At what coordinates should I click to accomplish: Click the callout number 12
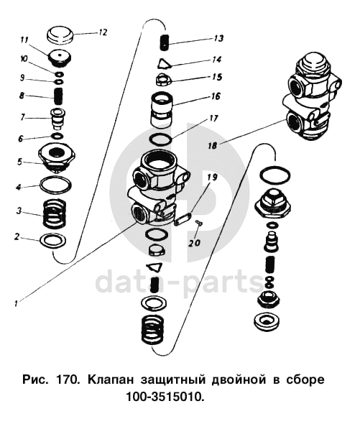[x=103, y=32]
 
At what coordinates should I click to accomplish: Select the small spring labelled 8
[x=58, y=97]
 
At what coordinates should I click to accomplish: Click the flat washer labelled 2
[x=52, y=240]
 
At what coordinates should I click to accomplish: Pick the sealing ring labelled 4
[x=56, y=185]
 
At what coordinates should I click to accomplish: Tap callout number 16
[x=216, y=96]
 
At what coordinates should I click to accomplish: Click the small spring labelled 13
[x=164, y=42]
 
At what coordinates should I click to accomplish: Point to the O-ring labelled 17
[x=161, y=139]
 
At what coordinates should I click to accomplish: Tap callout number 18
[x=212, y=146]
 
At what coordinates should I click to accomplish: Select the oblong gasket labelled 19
[x=183, y=219]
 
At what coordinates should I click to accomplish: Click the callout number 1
[x=17, y=303]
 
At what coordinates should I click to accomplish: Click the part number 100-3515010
[x=165, y=397]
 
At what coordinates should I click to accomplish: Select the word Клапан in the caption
[x=111, y=379]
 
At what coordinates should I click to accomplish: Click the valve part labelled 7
[x=58, y=119]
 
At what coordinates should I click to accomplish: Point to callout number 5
[x=19, y=162]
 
